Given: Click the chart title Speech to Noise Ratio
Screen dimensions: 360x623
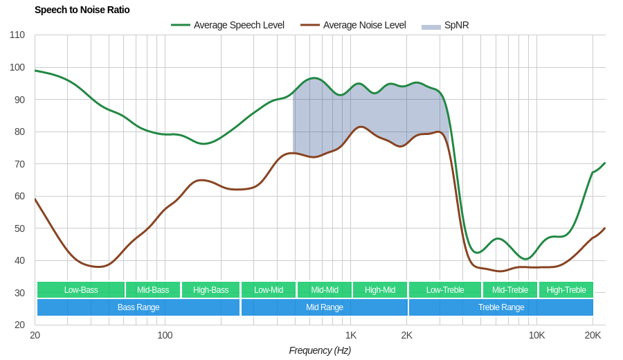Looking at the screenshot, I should click(x=82, y=10).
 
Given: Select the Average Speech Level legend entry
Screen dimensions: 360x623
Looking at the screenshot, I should click(x=228, y=25).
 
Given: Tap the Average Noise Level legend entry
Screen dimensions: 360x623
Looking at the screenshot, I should click(x=354, y=25).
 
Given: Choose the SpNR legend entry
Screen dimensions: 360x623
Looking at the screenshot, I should click(x=446, y=25).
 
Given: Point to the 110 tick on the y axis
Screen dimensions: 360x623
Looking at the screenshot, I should click(x=17, y=35).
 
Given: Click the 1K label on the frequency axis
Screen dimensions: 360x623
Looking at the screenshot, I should click(x=351, y=335).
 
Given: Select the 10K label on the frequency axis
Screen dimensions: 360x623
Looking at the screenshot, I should click(x=536, y=335).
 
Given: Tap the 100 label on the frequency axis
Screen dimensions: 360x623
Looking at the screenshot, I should click(x=165, y=335).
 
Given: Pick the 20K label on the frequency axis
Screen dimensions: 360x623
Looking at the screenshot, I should click(x=593, y=335).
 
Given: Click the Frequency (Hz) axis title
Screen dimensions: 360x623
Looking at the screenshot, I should click(x=320, y=350).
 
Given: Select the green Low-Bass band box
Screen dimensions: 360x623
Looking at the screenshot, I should click(x=81, y=290).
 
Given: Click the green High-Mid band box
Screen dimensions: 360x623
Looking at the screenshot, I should click(x=380, y=290).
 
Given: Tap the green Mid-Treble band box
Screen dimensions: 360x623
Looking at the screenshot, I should click(x=510, y=290).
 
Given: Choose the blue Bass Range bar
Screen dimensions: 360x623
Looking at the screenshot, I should click(x=138, y=307).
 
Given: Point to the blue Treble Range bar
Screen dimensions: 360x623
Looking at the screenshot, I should click(x=501, y=307).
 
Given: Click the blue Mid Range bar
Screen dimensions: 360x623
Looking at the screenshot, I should click(x=325, y=307).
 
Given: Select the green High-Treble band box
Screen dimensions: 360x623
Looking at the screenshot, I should click(x=566, y=290).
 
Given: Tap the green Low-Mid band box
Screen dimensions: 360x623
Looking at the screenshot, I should click(x=269, y=290).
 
